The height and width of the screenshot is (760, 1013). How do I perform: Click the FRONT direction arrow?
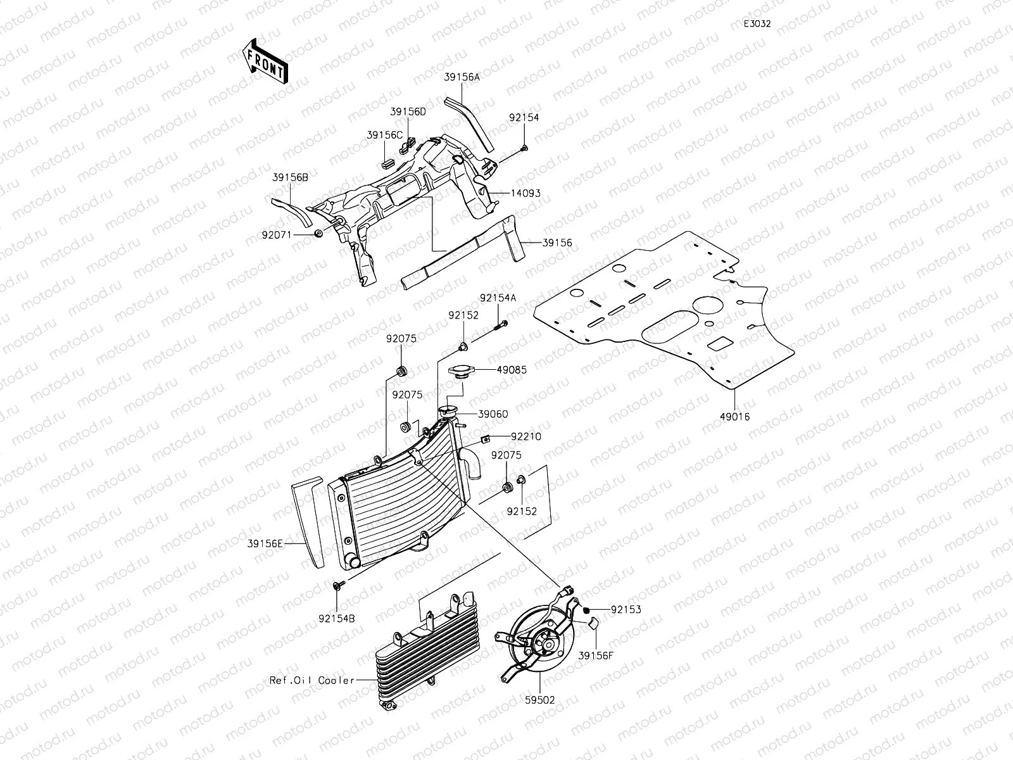pyautogui.click(x=264, y=61)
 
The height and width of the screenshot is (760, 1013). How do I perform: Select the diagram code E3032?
pyautogui.click(x=757, y=24)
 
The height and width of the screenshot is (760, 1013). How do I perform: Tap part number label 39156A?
pyautogui.click(x=462, y=77)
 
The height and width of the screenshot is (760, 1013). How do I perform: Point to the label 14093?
pyautogui.click(x=527, y=193)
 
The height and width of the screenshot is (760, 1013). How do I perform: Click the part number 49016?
pyautogui.click(x=734, y=416)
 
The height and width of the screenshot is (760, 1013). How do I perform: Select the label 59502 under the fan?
pyautogui.click(x=540, y=700)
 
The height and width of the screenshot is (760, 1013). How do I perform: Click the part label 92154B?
pyautogui.click(x=336, y=614)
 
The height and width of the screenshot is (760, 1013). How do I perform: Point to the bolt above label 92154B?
pyautogui.click(x=337, y=586)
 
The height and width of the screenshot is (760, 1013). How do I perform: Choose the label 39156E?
pyautogui.click(x=265, y=542)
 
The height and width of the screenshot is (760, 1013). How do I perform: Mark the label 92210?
pyautogui.click(x=526, y=436)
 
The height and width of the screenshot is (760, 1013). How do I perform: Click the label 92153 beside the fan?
pyautogui.click(x=626, y=610)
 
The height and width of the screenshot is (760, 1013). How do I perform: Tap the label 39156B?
pyautogui.click(x=291, y=178)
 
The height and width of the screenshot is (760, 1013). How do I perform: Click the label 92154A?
pyautogui.click(x=498, y=298)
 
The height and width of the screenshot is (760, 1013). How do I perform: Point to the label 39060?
pyautogui.click(x=493, y=414)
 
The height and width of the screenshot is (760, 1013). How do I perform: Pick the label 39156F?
pyautogui.click(x=596, y=657)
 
